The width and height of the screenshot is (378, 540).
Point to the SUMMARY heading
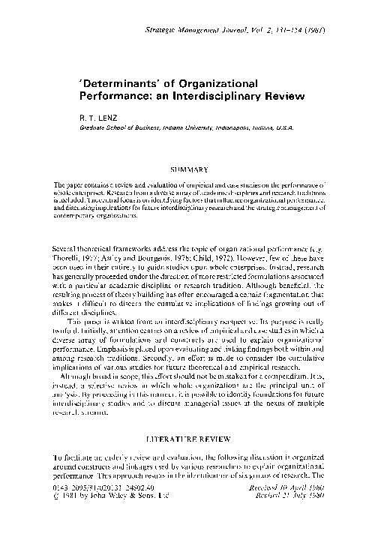coord(191,171)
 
